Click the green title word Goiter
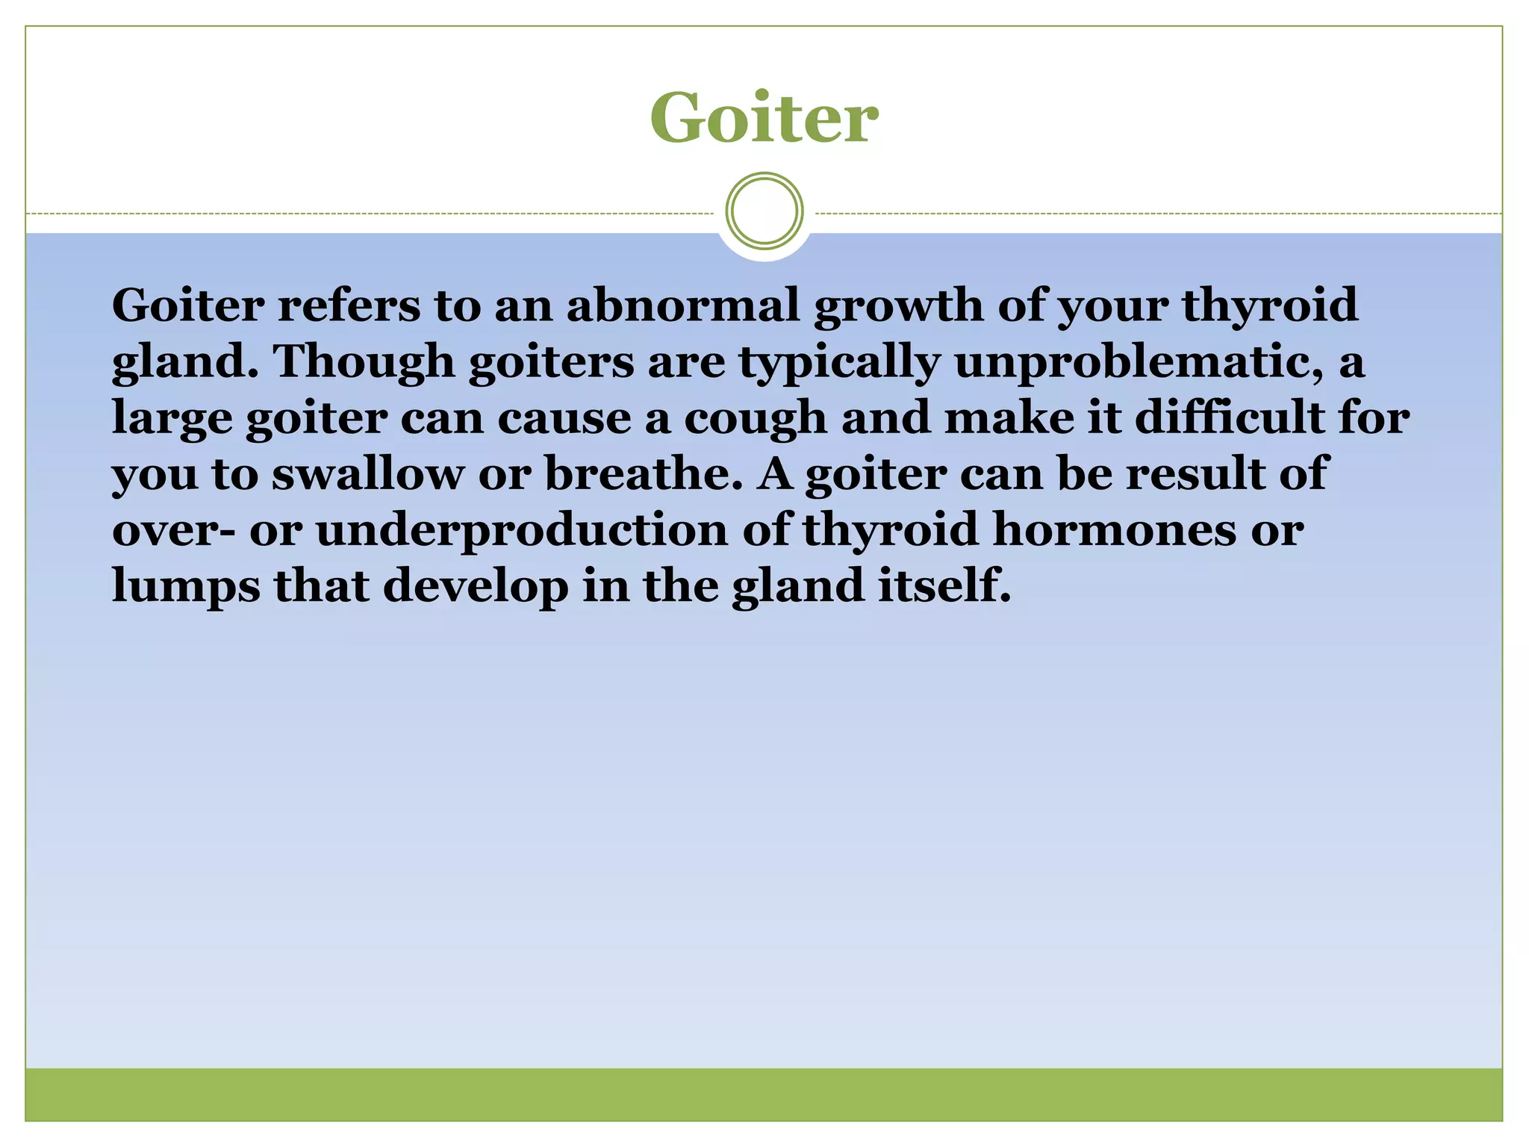[x=764, y=117]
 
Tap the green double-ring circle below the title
[x=764, y=211]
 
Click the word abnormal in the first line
[x=683, y=305]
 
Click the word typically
[x=839, y=363]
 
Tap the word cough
[x=755, y=419]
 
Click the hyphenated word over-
[x=173, y=531]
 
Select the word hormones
[x=1114, y=529]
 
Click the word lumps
[x=186, y=587]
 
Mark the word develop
[x=476, y=587]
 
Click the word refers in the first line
[x=349, y=305]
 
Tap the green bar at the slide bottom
[x=764, y=1095]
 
